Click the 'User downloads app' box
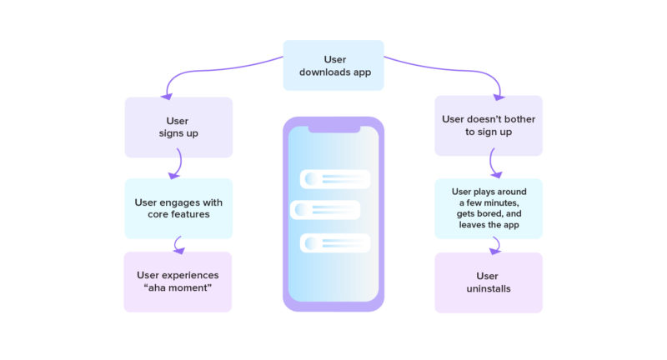(x=333, y=65)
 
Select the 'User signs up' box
(x=178, y=127)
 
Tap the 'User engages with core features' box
(x=178, y=208)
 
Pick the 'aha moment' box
(x=178, y=282)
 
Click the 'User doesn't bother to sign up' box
(x=489, y=125)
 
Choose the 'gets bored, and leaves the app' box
(x=489, y=208)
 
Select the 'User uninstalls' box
(x=489, y=282)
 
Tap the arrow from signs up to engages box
(x=173, y=168)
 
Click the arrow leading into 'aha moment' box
(x=178, y=245)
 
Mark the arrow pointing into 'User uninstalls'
(x=496, y=245)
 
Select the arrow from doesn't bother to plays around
(x=494, y=165)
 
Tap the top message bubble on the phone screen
(x=334, y=179)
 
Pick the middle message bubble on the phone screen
(x=325, y=210)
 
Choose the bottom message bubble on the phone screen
(x=334, y=242)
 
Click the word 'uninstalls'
(x=488, y=289)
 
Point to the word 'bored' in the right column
(x=494, y=212)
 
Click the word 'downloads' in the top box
(x=323, y=72)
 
